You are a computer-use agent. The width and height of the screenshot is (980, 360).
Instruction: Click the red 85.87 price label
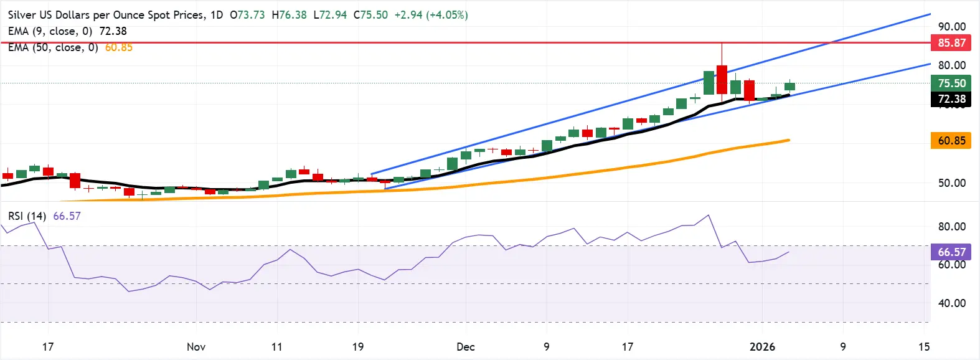[x=951, y=43]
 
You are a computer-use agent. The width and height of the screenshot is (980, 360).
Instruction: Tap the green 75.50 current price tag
[x=951, y=83]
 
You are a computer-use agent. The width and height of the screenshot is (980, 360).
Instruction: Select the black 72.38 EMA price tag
[x=951, y=99]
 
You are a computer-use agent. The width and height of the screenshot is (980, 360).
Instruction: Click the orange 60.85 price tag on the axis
[x=951, y=141]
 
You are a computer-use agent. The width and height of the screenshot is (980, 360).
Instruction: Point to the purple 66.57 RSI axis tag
[x=951, y=252]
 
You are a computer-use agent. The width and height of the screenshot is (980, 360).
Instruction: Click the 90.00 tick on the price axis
[x=951, y=27]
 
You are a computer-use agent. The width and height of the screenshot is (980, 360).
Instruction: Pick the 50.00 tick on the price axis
[x=951, y=183]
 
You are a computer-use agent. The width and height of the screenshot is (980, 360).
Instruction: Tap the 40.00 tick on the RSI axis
[x=951, y=303]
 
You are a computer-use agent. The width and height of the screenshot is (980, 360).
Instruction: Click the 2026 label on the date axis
[x=762, y=347]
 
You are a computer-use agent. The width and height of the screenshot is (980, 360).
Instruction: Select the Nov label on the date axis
[x=196, y=347]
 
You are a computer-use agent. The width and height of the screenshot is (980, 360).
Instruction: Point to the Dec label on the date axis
[x=465, y=347]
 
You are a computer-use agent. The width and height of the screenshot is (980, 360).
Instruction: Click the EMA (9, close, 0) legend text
[x=50, y=31]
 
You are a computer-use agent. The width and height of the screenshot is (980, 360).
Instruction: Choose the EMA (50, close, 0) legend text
[x=53, y=47]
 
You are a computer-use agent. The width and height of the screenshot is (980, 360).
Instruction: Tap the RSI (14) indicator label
[x=27, y=216]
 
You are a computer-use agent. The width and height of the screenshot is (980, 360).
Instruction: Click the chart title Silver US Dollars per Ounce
[x=106, y=15]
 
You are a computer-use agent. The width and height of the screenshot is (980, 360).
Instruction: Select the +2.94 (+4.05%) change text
[x=431, y=15]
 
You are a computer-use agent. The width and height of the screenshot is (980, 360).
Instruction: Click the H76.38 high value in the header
[x=290, y=15]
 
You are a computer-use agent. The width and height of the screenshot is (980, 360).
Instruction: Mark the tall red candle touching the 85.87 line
[x=722, y=79]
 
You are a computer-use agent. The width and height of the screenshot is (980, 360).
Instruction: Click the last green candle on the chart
[x=789, y=87]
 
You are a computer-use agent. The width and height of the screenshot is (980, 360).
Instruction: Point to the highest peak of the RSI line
[x=708, y=216]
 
